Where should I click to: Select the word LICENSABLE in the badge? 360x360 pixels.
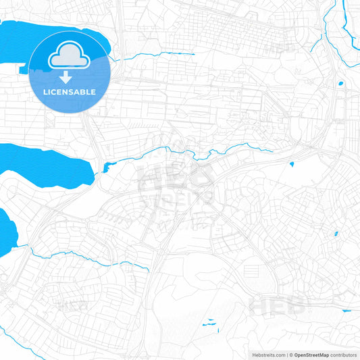click(x=70, y=92)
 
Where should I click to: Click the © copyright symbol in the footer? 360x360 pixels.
click(x=291, y=355)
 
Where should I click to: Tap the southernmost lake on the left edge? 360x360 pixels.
click(x=7, y=230)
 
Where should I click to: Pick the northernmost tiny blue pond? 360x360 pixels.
click(x=340, y=84)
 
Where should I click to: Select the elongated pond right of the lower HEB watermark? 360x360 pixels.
click(x=346, y=311)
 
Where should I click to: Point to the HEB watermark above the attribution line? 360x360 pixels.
click(x=277, y=307)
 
